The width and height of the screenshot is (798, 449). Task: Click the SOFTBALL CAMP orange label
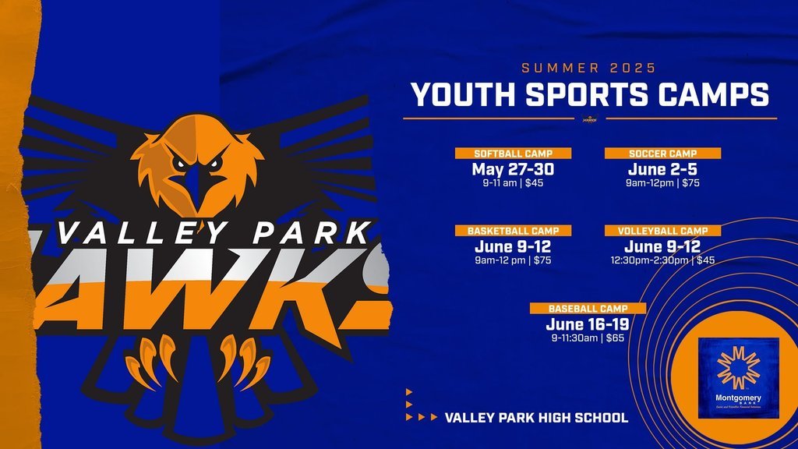[x=513, y=154]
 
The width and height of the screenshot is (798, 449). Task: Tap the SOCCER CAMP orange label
[x=662, y=154]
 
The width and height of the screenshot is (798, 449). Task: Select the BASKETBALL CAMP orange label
[x=514, y=231]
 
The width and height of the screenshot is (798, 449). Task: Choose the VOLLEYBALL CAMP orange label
[x=662, y=231]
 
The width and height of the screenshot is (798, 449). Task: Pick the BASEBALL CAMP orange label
[x=588, y=308]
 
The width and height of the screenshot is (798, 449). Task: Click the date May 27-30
[x=513, y=169]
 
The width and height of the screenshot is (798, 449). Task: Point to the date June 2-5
[x=662, y=169]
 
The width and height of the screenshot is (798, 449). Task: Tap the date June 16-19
[x=588, y=324]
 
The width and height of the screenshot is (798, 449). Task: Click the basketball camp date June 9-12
[x=513, y=246]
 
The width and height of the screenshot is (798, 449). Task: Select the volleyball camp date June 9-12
[x=662, y=246]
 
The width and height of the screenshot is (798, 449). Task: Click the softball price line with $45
[x=513, y=184]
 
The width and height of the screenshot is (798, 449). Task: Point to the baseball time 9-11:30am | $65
[x=588, y=338]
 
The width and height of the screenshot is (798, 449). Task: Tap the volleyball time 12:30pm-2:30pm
[x=651, y=260]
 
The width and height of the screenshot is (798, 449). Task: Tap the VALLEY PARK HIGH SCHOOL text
[x=536, y=418]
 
